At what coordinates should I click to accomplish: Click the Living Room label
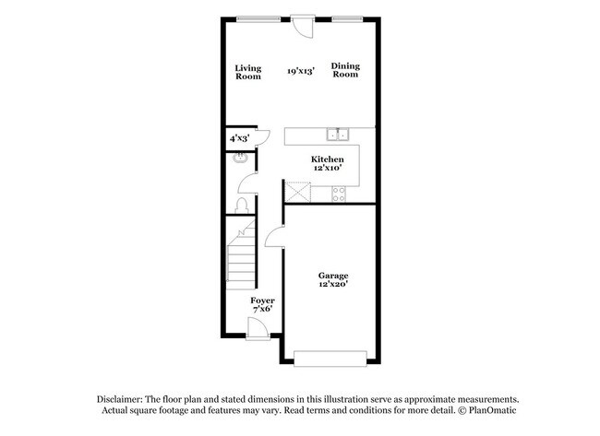click(x=247, y=71)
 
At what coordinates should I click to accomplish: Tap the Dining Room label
click(x=345, y=70)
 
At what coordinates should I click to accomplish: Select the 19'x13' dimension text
click(x=301, y=71)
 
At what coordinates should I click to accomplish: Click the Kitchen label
click(x=327, y=159)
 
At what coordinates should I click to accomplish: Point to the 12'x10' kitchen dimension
click(x=327, y=169)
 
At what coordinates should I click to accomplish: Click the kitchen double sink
click(x=339, y=135)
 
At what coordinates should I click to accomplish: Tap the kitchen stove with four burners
click(x=339, y=194)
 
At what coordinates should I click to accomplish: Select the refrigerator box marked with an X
click(x=297, y=193)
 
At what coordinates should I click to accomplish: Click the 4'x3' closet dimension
click(x=238, y=138)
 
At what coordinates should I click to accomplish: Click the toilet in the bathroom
click(x=241, y=204)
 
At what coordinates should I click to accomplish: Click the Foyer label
click(x=262, y=301)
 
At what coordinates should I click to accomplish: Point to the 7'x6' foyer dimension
click(x=262, y=311)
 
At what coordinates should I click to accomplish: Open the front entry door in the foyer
click(x=259, y=330)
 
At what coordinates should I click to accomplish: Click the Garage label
click(x=333, y=276)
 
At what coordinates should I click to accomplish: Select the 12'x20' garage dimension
click(x=333, y=285)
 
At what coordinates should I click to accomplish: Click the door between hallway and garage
click(x=274, y=239)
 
